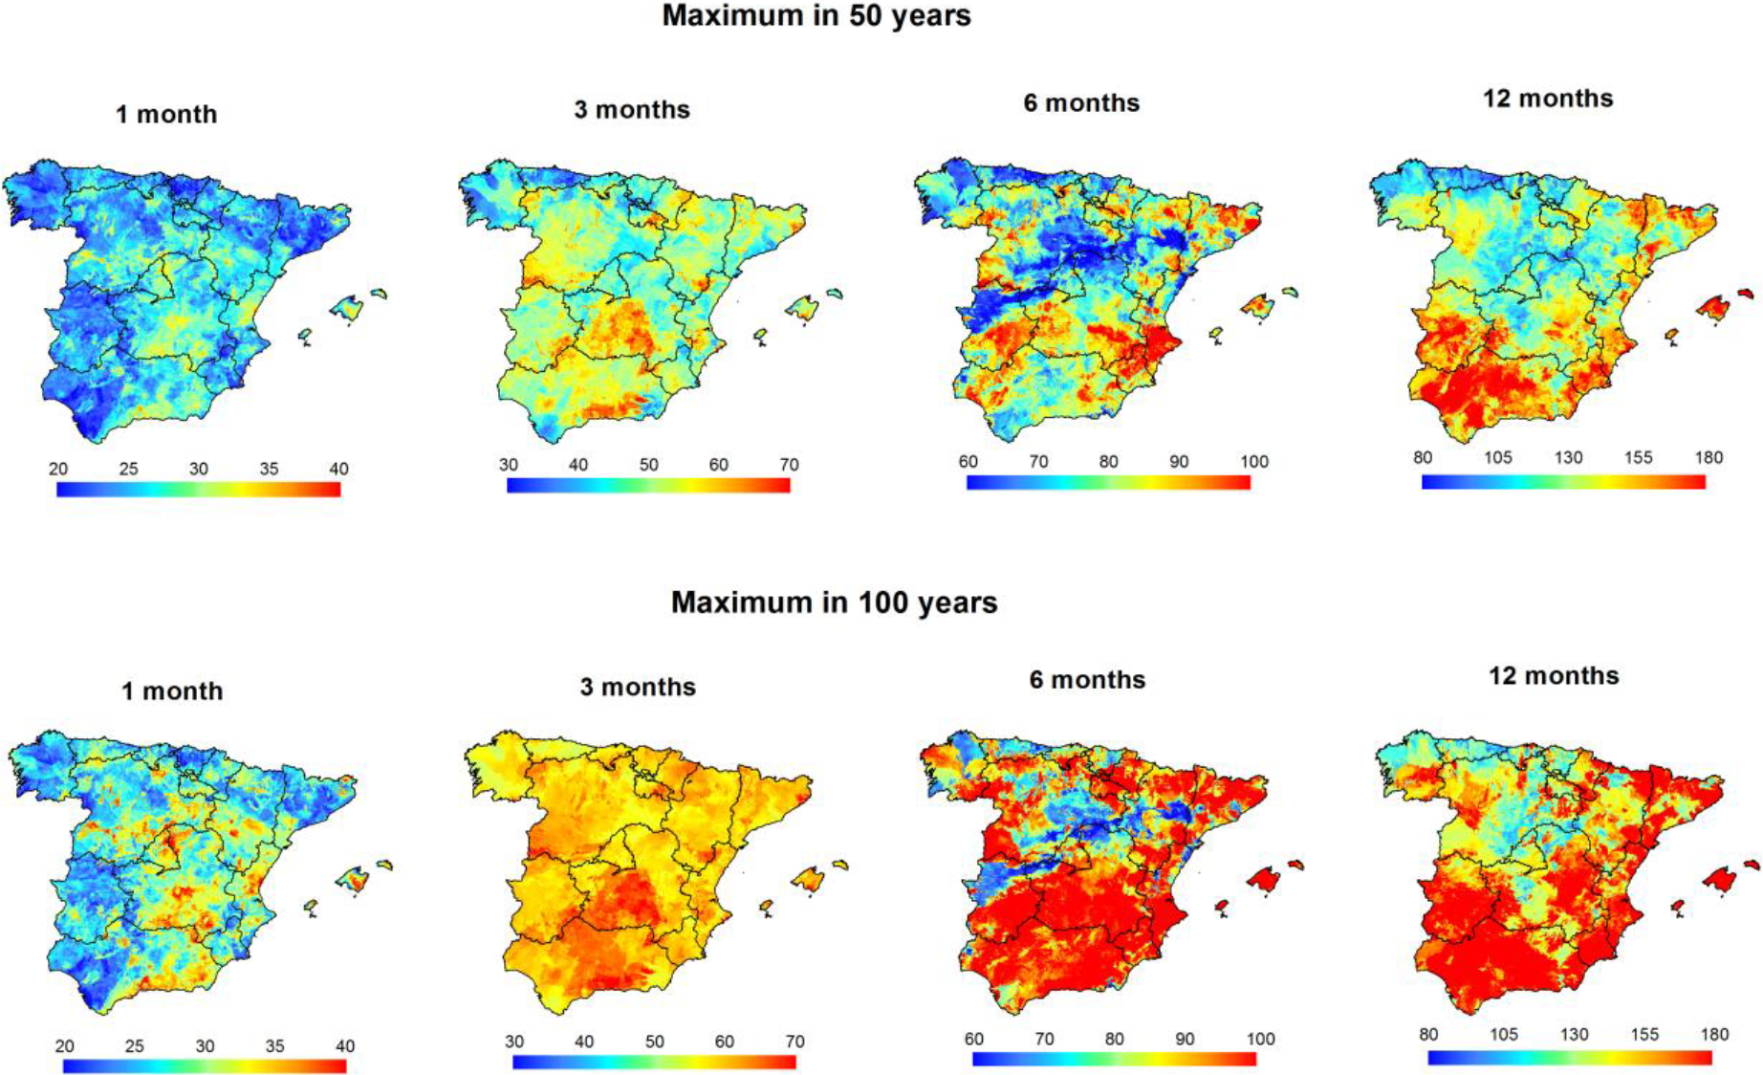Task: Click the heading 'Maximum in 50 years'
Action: coord(816,16)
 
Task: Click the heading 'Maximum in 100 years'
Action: coord(834,603)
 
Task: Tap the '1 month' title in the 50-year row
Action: coord(166,115)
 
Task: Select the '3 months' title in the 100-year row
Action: coord(638,688)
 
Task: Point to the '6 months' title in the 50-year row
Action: coord(1081,103)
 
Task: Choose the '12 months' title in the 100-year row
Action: coord(1554,676)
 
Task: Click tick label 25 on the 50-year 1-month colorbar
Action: coord(128,469)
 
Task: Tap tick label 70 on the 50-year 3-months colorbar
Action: coord(789,465)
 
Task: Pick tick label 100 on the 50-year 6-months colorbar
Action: coord(1254,462)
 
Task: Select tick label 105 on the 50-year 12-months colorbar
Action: coord(1498,458)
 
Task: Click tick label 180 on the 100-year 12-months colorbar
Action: coord(1714,1035)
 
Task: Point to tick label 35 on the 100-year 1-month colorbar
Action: coord(274,1046)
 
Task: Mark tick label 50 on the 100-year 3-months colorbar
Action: coord(654,1042)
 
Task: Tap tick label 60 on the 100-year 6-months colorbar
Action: coord(974,1040)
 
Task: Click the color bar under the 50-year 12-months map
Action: coord(1563,482)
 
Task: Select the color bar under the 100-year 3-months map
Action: coord(654,1062)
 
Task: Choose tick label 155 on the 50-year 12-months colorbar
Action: coord(1638,458)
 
